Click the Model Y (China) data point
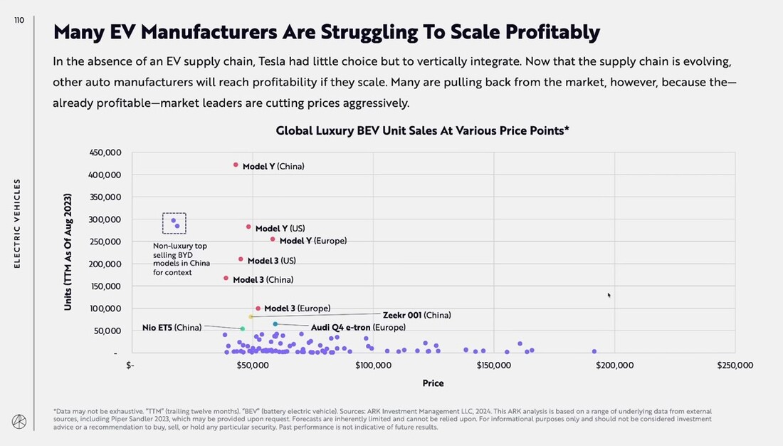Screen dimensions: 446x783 [236, 165]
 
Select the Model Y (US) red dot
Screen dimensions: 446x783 [248, 227]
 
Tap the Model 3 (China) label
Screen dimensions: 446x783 [263, 280]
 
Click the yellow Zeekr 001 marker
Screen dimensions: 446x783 [251, 316]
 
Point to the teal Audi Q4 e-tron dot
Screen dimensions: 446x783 [275, 324]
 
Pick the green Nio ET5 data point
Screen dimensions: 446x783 [243, 328]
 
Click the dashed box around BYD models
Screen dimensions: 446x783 [174, 224]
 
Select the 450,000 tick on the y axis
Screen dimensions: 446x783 [105, 152]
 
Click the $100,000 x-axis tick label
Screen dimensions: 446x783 [373, 365]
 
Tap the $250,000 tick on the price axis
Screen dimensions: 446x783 [735, 365]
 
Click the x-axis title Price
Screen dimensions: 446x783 [433, 383]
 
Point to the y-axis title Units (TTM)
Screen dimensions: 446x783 [68, 251]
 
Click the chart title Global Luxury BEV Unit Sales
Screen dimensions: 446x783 [422, 131]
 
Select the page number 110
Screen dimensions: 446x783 [19, 20]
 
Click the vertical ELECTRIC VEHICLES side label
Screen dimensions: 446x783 [18, 223]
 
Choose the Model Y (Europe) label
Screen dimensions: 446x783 [312, 241]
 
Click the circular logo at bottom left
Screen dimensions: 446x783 [19, 422]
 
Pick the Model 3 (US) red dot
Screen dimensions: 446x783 [241, 259]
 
